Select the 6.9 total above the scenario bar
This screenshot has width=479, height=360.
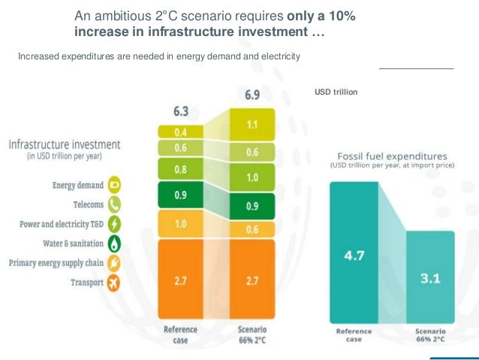pos(253,96)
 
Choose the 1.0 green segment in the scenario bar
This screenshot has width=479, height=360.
pos(253,177)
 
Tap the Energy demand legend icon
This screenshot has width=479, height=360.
pos(116,184)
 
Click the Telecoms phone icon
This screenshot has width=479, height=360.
pos(116,204)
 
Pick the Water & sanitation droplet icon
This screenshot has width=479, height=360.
pos(116,244)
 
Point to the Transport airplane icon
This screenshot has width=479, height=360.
pos(116,283)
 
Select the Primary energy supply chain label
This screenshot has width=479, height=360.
pos(57,263)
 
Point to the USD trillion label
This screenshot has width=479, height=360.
pos(336,92)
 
